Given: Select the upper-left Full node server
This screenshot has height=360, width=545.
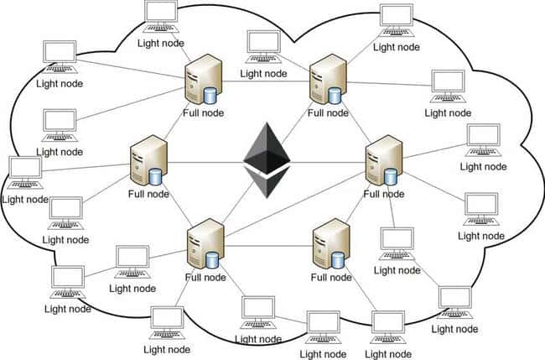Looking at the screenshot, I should [201, 80].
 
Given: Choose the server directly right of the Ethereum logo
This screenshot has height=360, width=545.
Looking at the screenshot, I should [381, 159].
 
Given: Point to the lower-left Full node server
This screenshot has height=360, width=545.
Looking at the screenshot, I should [204, 243].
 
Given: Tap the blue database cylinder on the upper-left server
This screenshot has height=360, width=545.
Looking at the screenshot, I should [210, 94].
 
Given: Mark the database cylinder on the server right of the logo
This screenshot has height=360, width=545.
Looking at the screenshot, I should [392, 175].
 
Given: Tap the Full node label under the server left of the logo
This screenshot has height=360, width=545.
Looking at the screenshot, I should [148, 195].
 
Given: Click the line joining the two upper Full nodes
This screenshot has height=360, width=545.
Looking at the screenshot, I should [264, 81].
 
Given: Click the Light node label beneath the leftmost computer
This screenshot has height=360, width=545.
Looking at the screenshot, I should [25, 200].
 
